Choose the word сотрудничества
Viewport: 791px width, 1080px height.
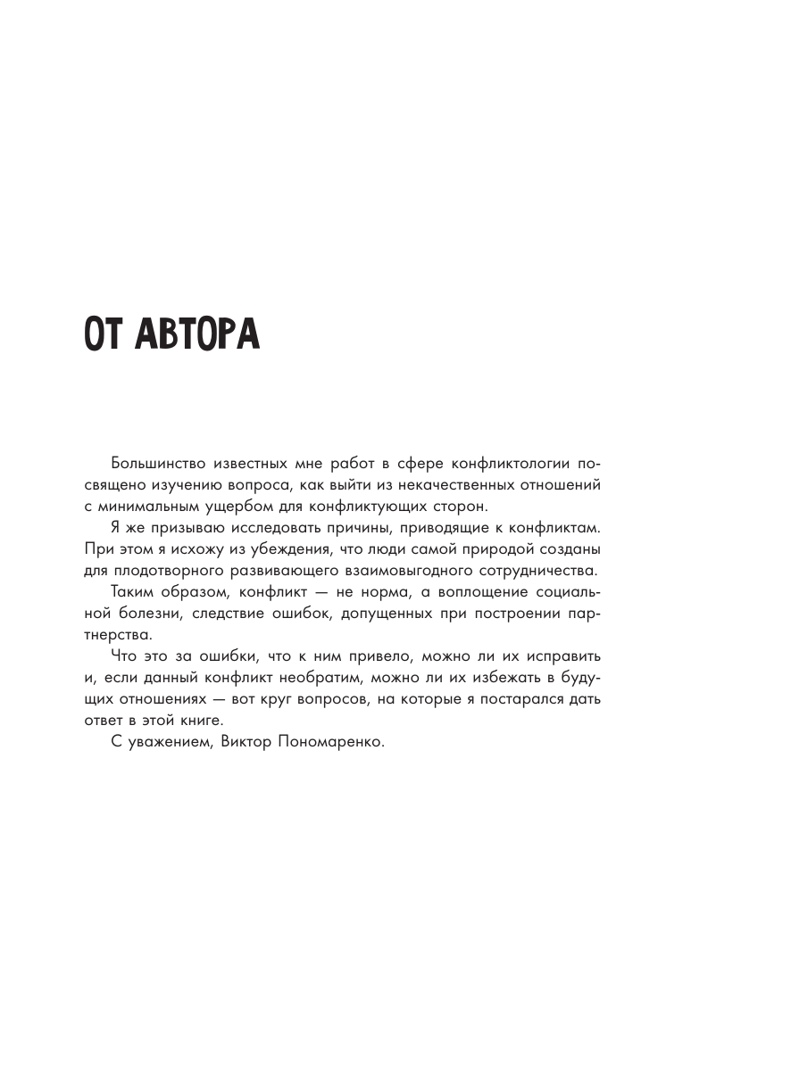535,571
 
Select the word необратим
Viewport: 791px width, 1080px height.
320,678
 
